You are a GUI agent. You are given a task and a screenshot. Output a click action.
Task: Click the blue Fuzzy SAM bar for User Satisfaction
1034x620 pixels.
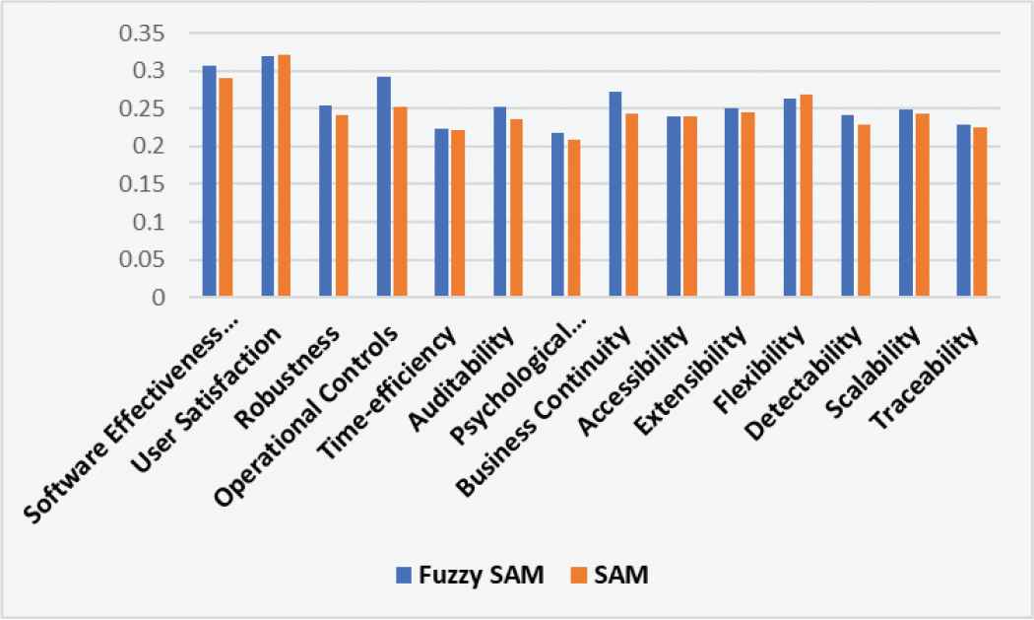tap(268, 176)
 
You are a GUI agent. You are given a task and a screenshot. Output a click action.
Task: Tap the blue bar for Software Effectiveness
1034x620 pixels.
tap(210, 181)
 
